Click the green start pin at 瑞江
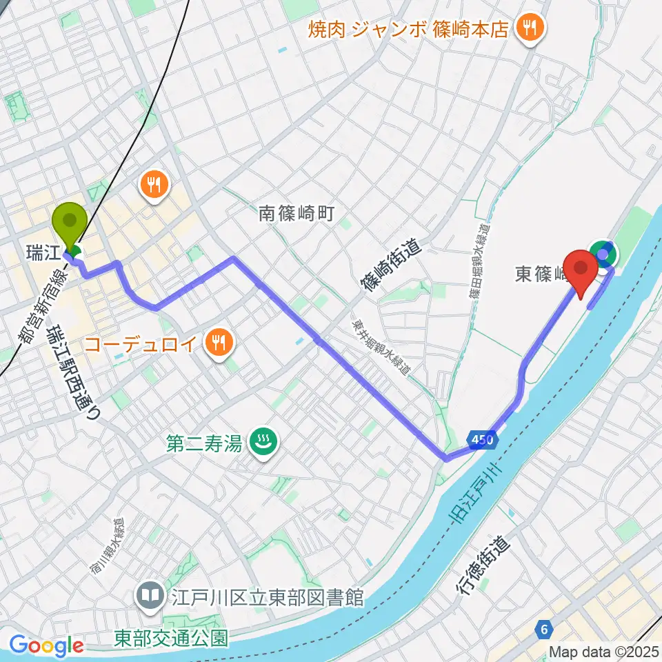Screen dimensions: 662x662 pos(70,222)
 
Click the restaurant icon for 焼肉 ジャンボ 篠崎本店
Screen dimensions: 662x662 pos(531,29)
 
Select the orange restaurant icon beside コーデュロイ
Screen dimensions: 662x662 pos(219,341)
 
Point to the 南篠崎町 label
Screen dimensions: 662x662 pos(297,214)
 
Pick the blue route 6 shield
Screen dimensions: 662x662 pos(545,628)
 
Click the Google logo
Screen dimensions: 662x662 pos(47,646)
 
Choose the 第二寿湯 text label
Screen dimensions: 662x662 pos(204,443)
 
